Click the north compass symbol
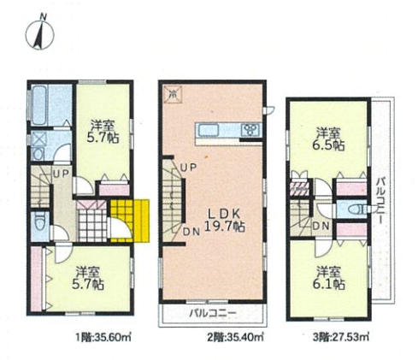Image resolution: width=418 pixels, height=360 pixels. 40,33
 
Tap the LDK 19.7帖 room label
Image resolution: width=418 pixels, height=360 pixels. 225,220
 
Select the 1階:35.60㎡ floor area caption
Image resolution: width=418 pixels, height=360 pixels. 103,338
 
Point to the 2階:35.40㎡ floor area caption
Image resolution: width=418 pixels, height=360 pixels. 235,338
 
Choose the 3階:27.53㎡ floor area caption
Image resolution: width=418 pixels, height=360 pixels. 341,338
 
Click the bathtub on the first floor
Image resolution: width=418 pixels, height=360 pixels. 39,105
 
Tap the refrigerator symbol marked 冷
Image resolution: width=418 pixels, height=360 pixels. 172,93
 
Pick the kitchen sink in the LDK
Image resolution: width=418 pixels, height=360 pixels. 209,131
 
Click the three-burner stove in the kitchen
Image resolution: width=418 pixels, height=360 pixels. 250,130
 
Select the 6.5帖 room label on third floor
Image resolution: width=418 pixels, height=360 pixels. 328,139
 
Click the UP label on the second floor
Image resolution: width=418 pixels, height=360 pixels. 189,168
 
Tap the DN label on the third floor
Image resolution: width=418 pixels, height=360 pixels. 321,227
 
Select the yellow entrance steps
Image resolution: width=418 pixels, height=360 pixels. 130,221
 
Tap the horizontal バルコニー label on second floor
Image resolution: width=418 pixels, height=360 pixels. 213,313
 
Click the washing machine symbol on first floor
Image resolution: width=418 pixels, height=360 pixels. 38,146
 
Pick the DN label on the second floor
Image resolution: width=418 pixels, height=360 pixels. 191,232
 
